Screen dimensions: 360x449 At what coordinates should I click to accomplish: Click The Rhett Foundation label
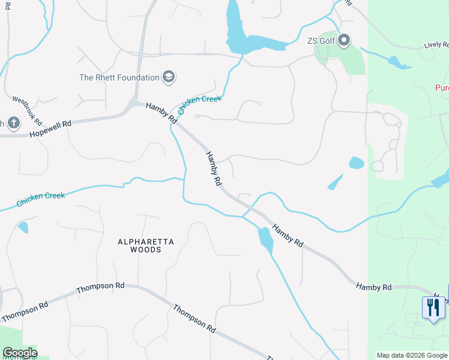click(119, 77)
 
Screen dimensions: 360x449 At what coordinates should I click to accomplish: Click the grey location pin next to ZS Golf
click(344, 41)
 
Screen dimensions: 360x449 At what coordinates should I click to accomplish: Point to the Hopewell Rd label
click(50, 128)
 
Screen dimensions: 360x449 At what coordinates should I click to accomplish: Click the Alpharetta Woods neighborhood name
click(146, 245)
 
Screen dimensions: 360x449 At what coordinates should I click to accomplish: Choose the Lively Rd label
click(436, 45)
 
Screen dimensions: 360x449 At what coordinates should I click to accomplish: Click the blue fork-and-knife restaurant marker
click(433, 308)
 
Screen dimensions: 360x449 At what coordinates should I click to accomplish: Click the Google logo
click(20, 353)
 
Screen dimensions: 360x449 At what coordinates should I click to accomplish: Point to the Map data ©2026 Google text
click(412, 355)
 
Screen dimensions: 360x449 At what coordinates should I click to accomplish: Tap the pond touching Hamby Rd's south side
click(265, 239)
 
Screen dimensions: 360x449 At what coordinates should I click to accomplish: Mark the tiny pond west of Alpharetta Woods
click(23, 227)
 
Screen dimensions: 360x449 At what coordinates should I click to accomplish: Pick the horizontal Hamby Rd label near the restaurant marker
click(373, 287)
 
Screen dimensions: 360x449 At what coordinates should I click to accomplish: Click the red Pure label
click(441, 88)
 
